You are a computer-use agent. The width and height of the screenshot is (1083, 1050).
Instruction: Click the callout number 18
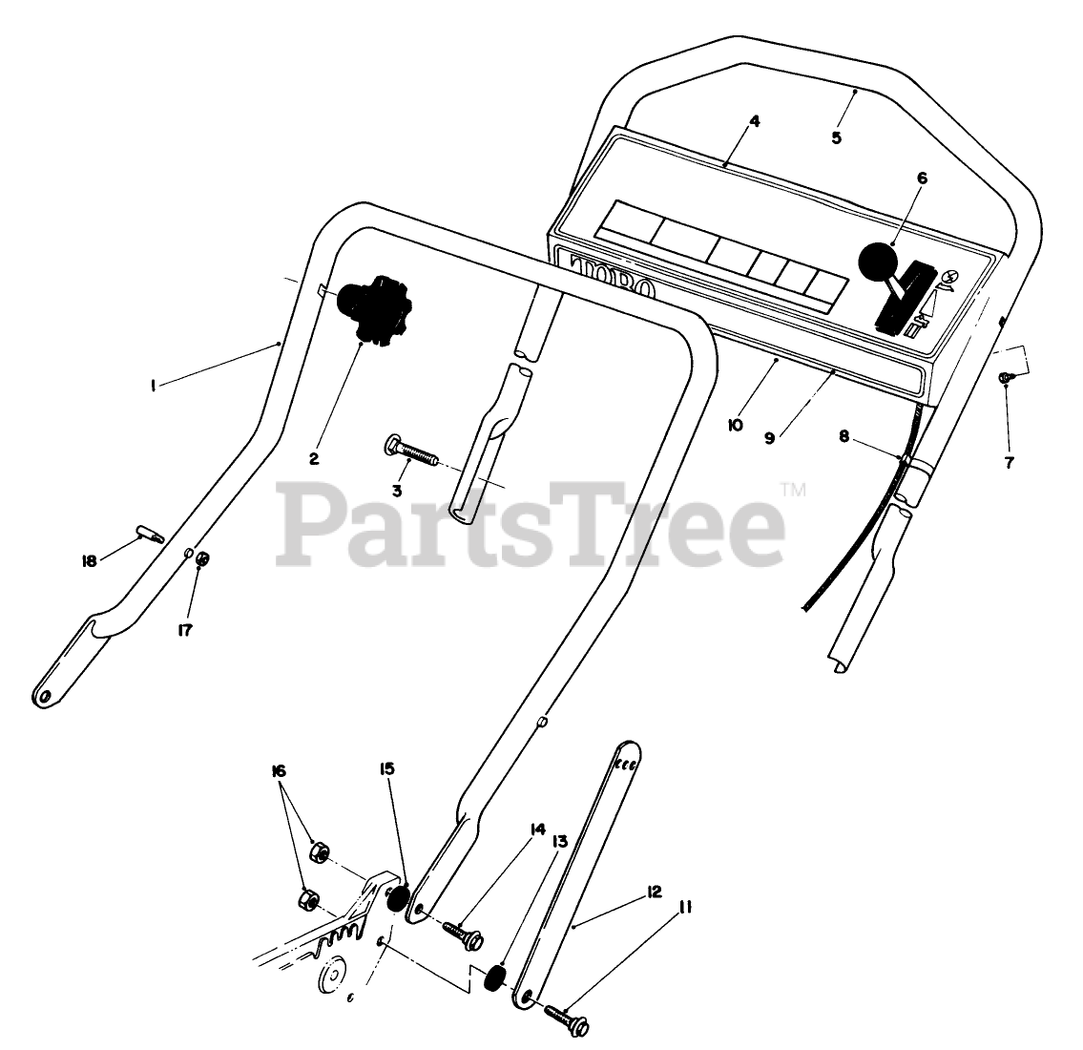click(x=89, y=561)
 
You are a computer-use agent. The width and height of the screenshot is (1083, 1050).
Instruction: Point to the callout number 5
click(x=836, y=137)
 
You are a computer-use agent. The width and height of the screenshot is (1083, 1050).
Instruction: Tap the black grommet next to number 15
click(x=398, y=899)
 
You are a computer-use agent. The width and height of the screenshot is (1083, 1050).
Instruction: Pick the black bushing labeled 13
click(x=496, y=979)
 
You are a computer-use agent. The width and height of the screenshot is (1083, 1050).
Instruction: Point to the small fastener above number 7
click(x=1007, y=379)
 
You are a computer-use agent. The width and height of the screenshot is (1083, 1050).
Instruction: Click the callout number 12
click(x=653, y=892)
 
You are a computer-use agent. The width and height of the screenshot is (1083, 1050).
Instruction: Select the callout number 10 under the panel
click(x=734, y=427)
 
